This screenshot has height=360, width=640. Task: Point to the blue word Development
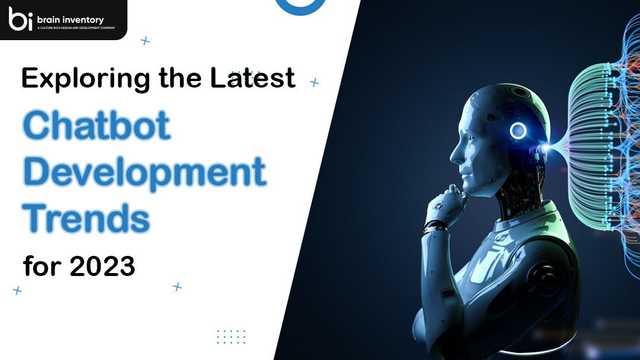point(143,172)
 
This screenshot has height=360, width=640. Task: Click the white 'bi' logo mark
point(18,20)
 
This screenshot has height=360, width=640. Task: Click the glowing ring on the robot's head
point(518,130)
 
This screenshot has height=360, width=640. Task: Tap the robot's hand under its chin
point(441,206)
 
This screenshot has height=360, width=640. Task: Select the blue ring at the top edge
point(292,6)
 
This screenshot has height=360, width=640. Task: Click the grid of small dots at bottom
point(231,336)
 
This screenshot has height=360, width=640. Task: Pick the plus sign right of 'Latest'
point(314,82)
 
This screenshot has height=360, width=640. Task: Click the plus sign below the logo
point(146,41)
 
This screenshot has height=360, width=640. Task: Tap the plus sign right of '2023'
point(177,287)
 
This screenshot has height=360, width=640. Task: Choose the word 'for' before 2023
point(39,266)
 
